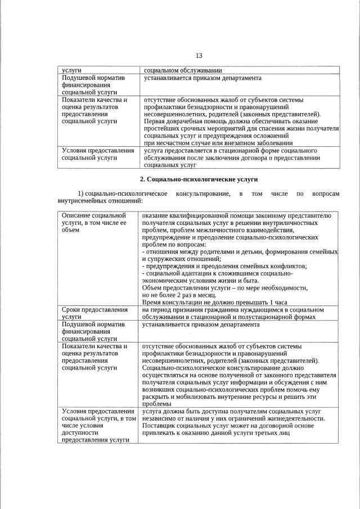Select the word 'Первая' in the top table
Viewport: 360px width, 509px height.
pyautogui.click(x=156, y=121)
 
